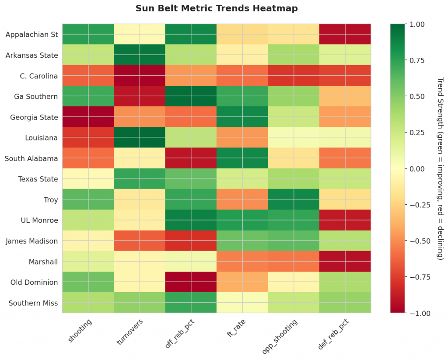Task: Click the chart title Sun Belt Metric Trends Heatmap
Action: [x=217, y=8]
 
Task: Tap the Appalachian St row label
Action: [x=31, y=35]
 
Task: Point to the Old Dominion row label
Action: [x=35, y=282]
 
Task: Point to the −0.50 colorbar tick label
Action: [x=419, y=241]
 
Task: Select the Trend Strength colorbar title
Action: [x=440, y=169]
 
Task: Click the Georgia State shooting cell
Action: [x=88, y=117]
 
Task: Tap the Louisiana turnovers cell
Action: [x=140, y=138]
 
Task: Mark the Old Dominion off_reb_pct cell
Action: [x=191, y=282]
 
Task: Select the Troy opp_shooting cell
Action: [x=294, y=199]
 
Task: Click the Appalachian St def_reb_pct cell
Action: [x=345, y=35]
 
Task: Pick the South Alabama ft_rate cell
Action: [x=242, y=158]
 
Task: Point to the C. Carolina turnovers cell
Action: [x=140, y=76]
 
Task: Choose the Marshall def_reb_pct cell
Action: [x=345, y=262]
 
